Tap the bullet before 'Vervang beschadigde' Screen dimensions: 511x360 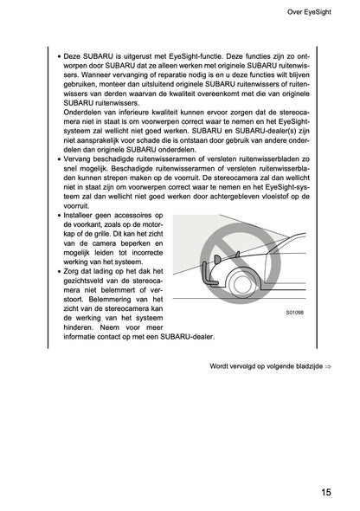click(x=57, y=160)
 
